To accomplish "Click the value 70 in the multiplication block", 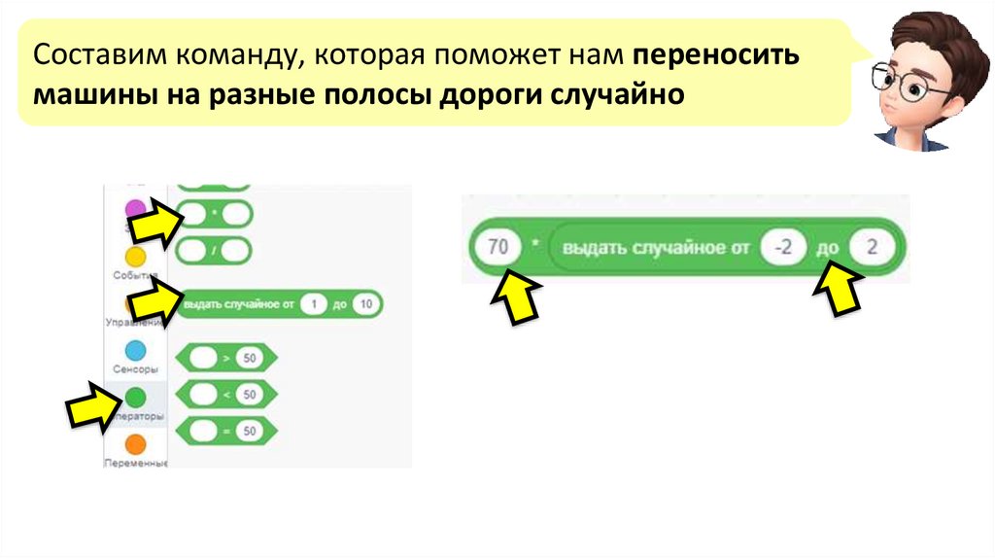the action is pyautogui.click(x=497, y=248).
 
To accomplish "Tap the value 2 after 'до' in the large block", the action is pyautogui.click(x=872, y=248).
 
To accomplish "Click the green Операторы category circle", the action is pyautogui.click(x=136, y=397).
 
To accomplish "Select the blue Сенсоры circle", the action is pyautogui.click(x=136, y=351).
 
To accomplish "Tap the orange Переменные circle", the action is pyautogui.click(x=136, y=444).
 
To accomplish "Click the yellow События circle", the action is pyautogui.click(x=136, y=257).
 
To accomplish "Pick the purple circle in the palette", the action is pyautogui.click(x=136, y=208).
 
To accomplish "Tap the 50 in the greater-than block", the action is pyautogui.click(x=250, y=359).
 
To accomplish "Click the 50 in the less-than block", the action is pyautogui.click(x=250, y=394).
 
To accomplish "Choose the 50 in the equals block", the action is pyautogui.click(x=250, y=430).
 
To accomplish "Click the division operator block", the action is pyautogui.click(x=215, y=251).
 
